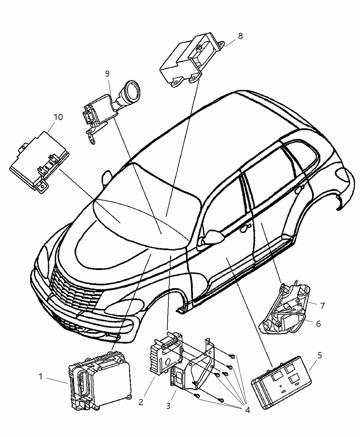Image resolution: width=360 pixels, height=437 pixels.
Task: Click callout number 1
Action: point(40,377)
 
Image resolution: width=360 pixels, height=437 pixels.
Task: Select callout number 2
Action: point(141,402)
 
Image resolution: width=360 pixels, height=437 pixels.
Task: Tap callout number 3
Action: point(168,406)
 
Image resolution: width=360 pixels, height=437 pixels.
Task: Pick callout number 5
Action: point(320,355)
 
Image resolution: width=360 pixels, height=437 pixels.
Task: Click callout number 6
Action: point(319,323)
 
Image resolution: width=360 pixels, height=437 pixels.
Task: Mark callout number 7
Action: point(322,305)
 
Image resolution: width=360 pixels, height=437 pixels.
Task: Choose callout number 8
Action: point(240,36)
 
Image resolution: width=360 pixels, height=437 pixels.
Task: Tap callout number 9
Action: point(107,73)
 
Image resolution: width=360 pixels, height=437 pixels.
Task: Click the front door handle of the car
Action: point(244,227)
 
